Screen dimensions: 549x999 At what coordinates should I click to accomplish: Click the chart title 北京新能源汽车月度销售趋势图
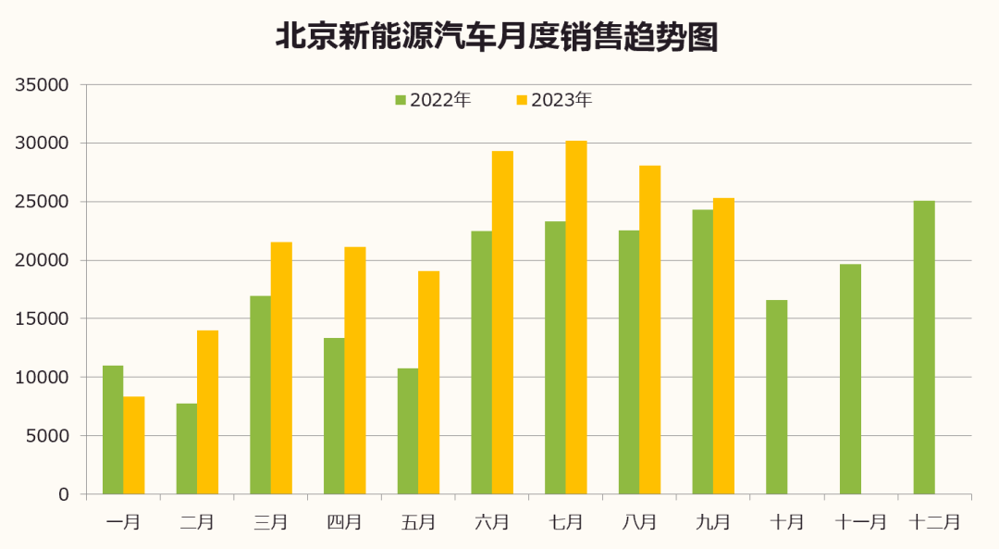tap(497, 37)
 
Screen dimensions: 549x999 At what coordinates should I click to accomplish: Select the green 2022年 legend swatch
tap(401, 100)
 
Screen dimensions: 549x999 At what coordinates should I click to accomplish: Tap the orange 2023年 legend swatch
tap(522, 100)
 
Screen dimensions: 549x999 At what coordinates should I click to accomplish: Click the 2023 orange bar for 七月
tap(576, 318)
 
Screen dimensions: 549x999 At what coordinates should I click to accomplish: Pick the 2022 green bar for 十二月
tap(924, 347)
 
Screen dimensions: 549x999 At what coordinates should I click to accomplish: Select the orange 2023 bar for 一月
tap(134, 445)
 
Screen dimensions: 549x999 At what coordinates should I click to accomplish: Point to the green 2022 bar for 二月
tap(187, 448)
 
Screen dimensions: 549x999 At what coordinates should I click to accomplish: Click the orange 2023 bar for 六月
tap(502, 322)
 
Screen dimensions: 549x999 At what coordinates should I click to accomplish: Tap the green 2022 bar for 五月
tap(408, 430)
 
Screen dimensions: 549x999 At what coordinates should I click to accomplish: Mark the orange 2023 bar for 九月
tap(723, 345)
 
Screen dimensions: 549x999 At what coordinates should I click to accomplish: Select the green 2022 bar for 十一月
tap(850, 379)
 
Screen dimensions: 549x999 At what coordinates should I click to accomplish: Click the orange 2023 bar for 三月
tap(281, 368)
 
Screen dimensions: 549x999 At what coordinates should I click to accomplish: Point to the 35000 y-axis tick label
tap(43, 85)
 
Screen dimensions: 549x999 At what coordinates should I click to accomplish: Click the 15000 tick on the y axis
tap(43, 319)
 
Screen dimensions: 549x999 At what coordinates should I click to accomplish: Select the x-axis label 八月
tap(639, 522)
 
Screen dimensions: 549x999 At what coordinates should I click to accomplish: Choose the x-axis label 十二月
tap(935, 522)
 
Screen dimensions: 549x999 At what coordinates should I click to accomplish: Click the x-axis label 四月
tap(344, 522)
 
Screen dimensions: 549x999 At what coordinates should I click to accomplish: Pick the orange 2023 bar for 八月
tap(650, 330)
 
